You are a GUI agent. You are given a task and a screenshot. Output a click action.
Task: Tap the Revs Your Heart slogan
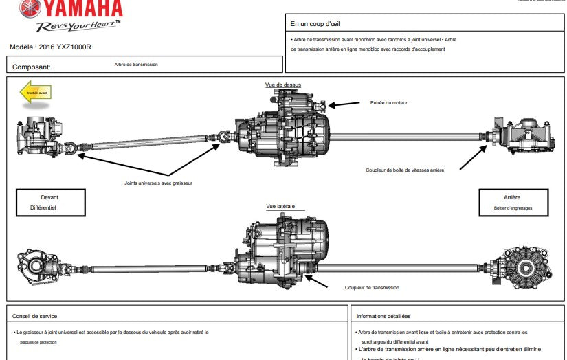78,26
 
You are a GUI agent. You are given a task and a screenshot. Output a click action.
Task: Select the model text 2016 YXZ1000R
50,47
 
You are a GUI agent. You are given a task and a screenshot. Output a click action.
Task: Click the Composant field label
32,67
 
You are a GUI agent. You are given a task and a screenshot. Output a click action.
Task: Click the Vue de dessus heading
283,85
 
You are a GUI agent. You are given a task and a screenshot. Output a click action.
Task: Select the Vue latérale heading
280,206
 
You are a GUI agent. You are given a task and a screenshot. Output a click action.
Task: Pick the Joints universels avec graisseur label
158,183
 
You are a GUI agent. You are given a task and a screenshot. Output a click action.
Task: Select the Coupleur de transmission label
372,288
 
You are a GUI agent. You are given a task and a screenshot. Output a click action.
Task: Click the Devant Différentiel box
51,202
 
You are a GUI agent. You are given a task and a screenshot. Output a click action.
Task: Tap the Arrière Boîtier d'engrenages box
513,202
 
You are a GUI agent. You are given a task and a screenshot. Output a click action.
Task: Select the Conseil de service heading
34,316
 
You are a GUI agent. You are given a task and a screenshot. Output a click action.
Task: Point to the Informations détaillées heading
383,316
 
